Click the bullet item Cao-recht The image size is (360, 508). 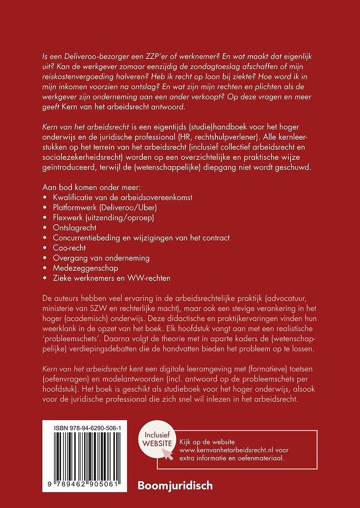pos(67,247)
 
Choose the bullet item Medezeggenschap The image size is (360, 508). pos(82,268)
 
